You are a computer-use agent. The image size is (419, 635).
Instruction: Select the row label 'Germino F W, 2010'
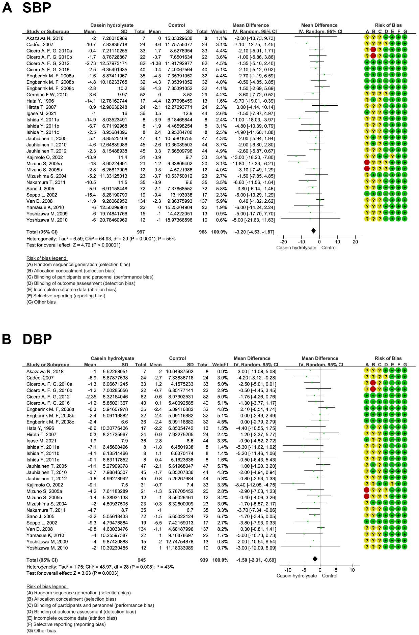[47, 94]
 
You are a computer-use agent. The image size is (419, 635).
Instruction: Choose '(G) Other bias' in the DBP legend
[41, 631]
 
